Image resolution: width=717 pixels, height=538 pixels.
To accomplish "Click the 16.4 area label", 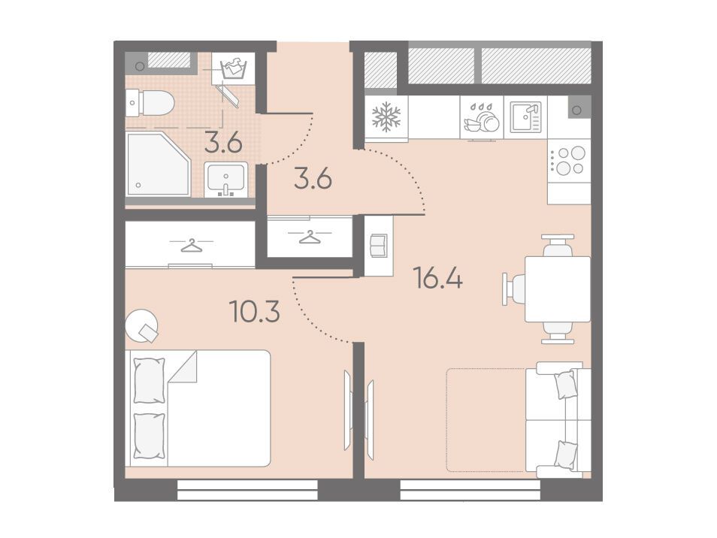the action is [x=437, y=278].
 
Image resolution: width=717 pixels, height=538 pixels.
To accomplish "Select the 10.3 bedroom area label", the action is [x=255, y=312].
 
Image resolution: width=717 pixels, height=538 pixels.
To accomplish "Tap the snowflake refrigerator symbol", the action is [x=386, y=116].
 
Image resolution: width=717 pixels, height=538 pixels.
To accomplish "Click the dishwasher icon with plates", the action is [x=482, y=117].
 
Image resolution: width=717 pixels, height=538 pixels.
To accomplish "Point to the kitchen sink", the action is [x=525, y=117].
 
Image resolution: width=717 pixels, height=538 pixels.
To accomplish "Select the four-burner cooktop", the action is [x=569, y=161].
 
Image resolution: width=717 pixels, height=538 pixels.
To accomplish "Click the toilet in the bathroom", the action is [x=150, y=103].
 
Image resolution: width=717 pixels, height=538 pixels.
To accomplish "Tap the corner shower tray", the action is [x=159, y=164].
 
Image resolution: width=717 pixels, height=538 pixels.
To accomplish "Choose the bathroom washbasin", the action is [x=226, y=178].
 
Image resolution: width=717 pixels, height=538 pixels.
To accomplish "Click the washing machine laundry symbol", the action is [x=233, y=69].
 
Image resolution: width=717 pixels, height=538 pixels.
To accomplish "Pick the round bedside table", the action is [x=142, y=325].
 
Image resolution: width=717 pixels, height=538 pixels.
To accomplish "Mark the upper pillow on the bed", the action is [x=149, y=380].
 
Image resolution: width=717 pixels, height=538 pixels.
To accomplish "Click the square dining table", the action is [x=558, y=289].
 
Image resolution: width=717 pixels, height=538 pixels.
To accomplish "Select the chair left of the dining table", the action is [x=514, y=289].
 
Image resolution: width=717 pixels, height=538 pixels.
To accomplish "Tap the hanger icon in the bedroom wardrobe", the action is [x=191, y=246].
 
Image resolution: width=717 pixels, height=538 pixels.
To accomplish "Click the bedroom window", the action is [x=247, y=490].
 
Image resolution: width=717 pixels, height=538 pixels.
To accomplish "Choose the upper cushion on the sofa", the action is [x=564, y=385].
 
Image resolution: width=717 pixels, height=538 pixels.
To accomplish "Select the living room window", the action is [x=470, y=490].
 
